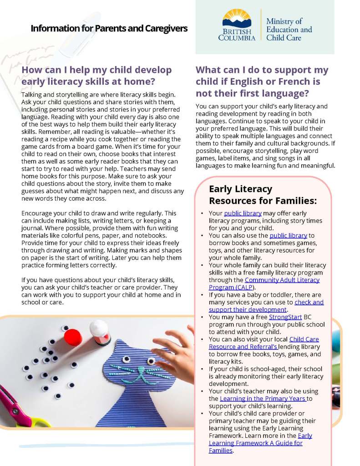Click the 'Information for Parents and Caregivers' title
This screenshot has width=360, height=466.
(x=109, y=29)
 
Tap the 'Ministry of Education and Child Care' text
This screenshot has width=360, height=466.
(x=289, y=30)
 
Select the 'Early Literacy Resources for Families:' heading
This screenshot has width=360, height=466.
(x=263, y=195)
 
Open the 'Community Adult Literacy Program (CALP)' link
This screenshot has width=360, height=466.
(x=264, y=284)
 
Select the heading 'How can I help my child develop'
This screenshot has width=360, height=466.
(x=97, y=71)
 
